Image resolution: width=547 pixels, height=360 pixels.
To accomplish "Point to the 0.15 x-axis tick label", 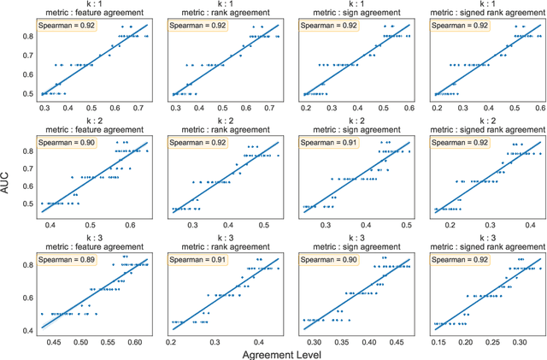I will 440,342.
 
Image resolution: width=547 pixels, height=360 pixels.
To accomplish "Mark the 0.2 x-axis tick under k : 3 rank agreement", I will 174,342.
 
